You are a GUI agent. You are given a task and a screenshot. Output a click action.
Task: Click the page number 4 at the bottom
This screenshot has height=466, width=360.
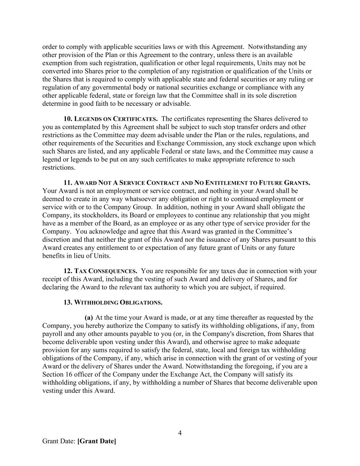(180, 433)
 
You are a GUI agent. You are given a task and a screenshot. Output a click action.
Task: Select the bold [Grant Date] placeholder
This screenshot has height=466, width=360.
(97, 441)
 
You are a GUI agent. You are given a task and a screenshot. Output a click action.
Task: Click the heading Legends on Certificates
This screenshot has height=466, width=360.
(116, 119)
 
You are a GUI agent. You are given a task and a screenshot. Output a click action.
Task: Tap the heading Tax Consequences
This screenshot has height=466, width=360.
(105, 271)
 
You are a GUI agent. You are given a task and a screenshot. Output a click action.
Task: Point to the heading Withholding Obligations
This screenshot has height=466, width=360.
(118, 302)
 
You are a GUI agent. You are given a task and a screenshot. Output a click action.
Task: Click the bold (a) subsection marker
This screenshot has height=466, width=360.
(89, 317)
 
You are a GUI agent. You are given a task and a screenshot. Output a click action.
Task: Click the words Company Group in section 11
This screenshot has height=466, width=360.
(131, 207)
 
